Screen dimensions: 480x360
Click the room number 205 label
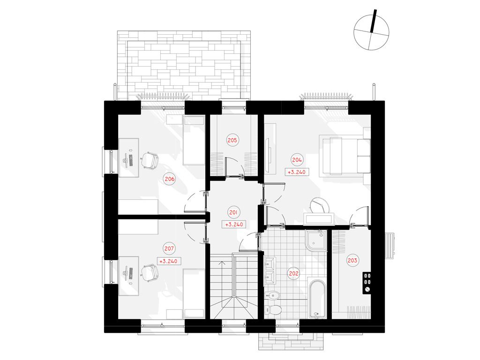[x=232, y=140]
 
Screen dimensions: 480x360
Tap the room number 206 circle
[x=170, y=179]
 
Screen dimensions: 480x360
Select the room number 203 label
[x=352, y=260]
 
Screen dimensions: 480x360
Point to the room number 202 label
[x=293, y=273]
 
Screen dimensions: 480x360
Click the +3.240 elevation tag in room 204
[x=297, y=172]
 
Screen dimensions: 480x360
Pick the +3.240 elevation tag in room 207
[x=168, y=262]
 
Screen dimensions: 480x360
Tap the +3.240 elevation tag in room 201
[x=234, y=225]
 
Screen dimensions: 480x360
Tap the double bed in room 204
[x=345, y=156]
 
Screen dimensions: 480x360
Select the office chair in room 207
[x=150, y=273]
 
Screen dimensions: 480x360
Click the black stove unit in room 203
[x=367, y=283]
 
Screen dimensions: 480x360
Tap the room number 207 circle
[x=169, y=248]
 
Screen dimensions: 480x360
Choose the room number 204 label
[x=297, y=160]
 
